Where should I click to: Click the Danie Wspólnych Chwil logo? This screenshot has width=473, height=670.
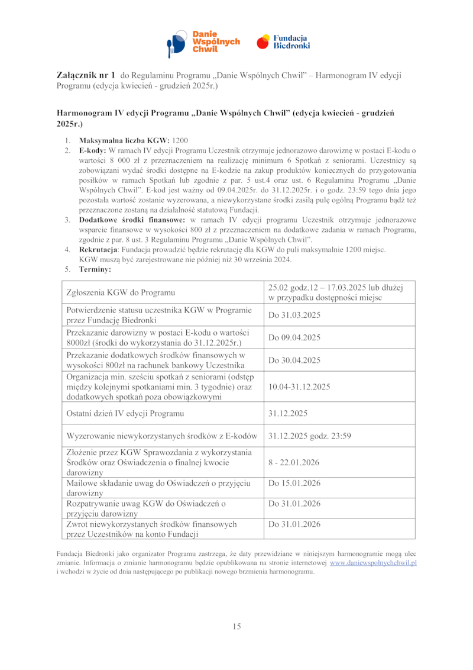203,42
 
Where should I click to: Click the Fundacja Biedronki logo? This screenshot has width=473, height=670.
283,42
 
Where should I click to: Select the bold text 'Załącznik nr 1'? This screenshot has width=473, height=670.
86,76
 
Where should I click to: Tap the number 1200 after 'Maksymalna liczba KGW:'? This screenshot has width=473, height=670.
180,141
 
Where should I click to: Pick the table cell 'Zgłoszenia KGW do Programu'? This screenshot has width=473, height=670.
121,292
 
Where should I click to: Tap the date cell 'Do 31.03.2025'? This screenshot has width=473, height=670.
294,315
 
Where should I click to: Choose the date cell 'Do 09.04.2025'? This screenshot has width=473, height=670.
294,337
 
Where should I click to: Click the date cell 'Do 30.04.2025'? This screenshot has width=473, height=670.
294,360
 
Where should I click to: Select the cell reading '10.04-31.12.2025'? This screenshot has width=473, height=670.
299,386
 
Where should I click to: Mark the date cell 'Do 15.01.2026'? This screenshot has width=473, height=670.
294,484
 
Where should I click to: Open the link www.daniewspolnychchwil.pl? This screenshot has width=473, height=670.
373,563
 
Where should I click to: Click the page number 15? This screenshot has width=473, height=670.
237,627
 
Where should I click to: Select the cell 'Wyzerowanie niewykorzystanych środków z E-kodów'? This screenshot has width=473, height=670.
162,436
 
